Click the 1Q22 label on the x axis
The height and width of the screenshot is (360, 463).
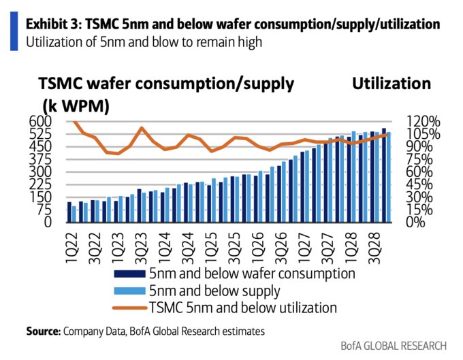click(72, 248)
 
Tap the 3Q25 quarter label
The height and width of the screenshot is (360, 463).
click(236, 248)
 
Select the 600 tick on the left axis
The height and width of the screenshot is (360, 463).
click(40, 121)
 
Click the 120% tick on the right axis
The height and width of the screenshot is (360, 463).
click(423, 121)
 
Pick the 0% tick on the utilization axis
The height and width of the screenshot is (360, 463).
click(415, 222)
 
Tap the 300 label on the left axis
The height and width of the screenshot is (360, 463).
click(40, 171)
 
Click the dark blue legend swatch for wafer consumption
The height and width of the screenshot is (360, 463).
click(129, 274)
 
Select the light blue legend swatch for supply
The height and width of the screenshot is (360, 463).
click(129, 291)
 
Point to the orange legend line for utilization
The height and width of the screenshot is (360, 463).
click(129, 308)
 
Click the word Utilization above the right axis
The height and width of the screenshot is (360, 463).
click(392, 84)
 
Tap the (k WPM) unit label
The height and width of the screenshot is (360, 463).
click(76, 105)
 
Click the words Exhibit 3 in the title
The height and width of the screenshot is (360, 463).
click(52, 24)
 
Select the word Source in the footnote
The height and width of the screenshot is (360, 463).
click(43, 331)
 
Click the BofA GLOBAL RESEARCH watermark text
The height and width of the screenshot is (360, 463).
click(394, 346)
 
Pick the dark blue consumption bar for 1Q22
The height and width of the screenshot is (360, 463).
click(69, 212)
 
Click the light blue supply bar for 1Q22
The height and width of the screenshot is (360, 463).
click(74, 214)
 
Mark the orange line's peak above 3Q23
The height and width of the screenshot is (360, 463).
click(142, 128)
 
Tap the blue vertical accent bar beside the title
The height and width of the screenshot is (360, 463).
click(14, 31)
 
